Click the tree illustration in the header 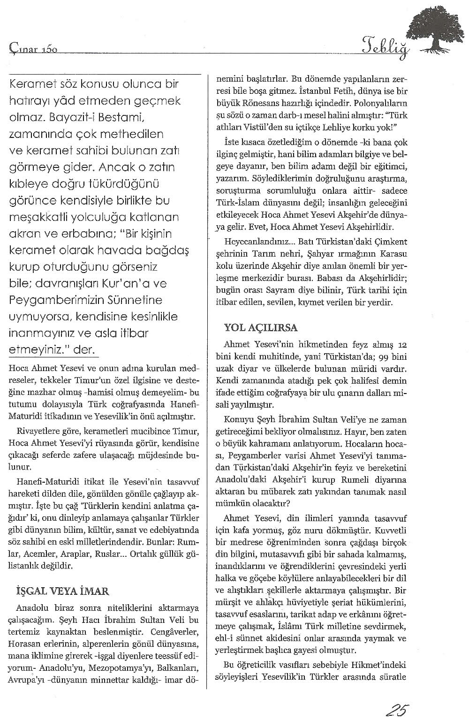(439, 28)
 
